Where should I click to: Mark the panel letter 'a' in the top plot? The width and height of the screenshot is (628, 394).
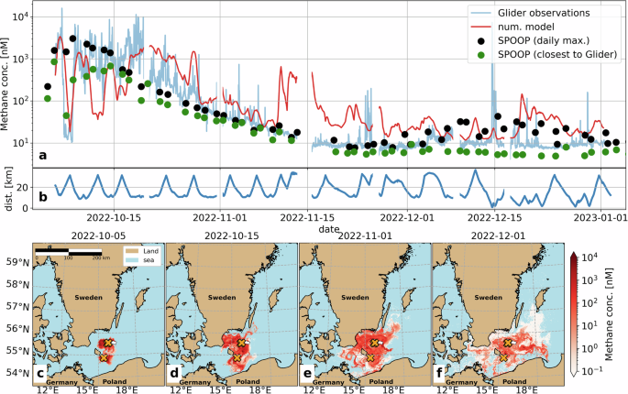click(44, 155)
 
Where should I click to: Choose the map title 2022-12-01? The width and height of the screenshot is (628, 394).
click(498, 235)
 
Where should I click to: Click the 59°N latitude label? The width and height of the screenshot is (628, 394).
click(16, 261)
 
